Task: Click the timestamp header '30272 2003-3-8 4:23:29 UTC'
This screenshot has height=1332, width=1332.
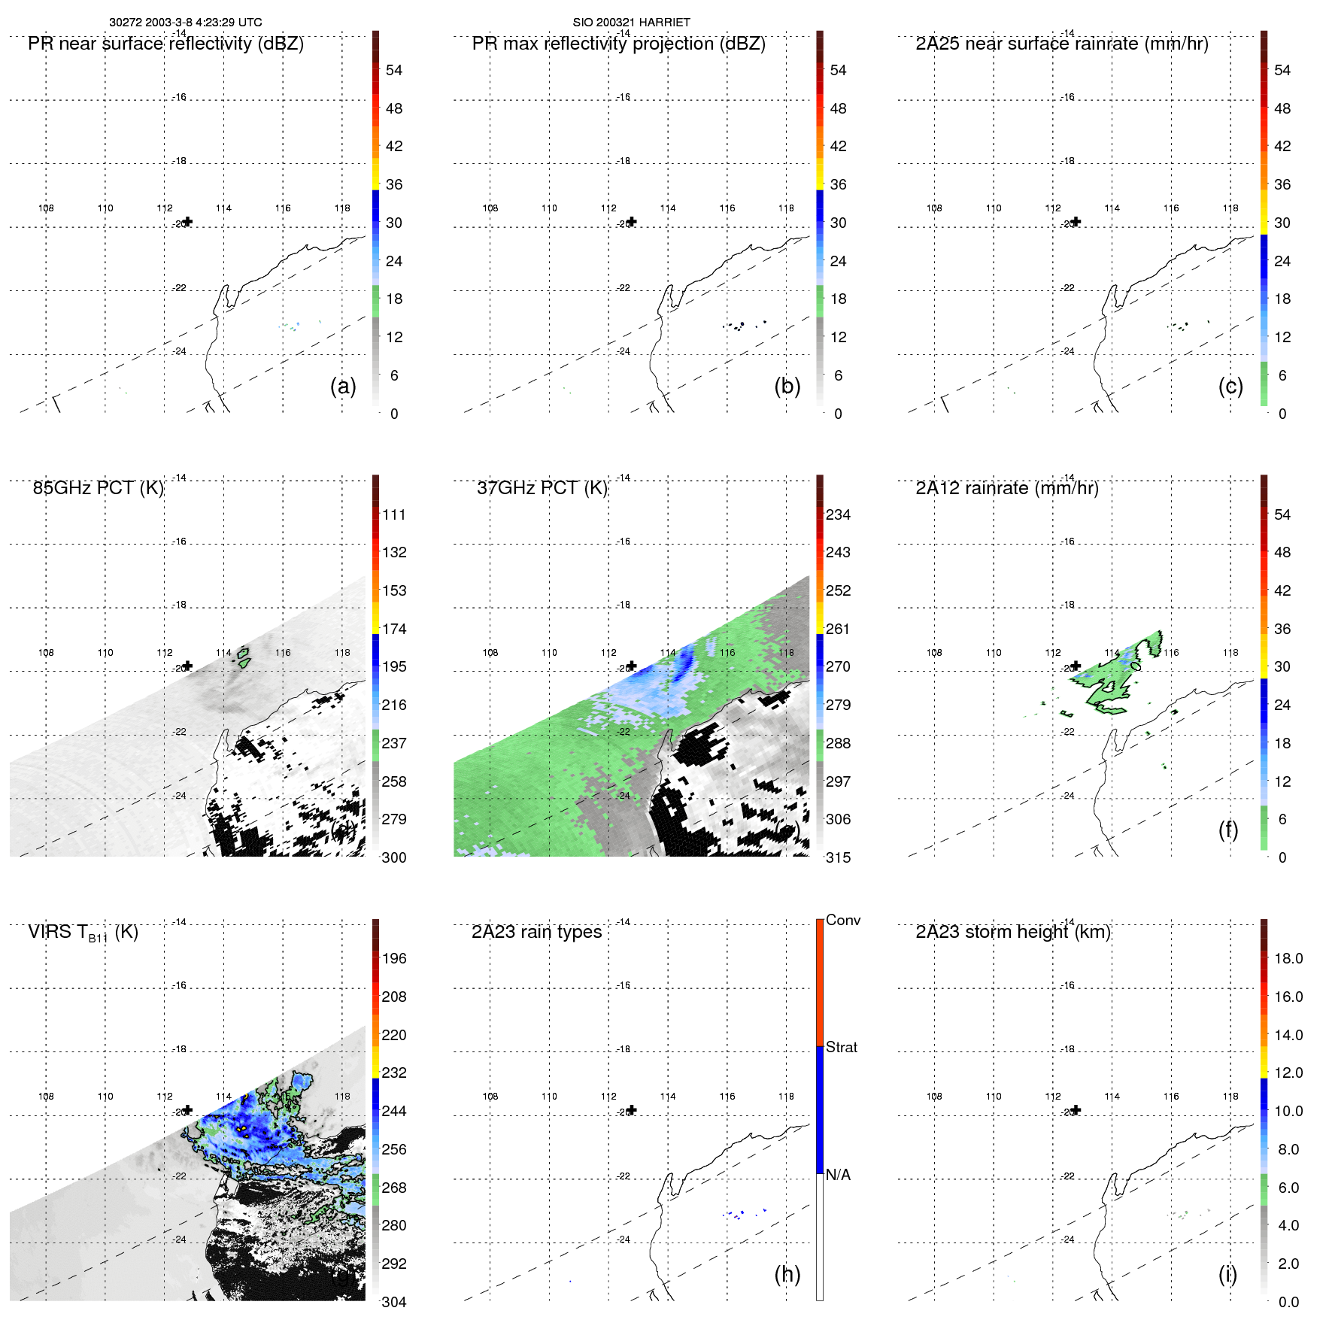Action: (186, 23)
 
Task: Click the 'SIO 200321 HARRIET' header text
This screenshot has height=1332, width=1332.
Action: (631, 23)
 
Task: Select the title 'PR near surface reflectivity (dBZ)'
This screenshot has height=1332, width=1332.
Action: (165, 44)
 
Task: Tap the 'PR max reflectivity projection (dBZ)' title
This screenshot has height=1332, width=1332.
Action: (618, 44)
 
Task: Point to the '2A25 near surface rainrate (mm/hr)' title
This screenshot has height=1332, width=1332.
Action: (1062, 44)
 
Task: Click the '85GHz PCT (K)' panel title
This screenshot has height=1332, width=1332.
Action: (98, 488)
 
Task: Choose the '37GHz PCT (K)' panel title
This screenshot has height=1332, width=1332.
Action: (542, 488)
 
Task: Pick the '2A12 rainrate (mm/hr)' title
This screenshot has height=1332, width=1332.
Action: (1007, 488)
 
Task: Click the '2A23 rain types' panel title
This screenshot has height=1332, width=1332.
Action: (536, 932)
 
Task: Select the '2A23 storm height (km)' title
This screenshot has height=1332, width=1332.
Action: (1012, 932)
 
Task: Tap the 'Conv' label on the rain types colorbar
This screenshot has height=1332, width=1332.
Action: (842, 920)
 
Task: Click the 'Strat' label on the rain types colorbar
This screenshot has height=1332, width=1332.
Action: (841, 1047)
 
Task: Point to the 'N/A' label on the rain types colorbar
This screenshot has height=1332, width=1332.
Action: (838, 1175)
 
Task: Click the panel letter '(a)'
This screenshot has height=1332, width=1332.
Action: (343, 386)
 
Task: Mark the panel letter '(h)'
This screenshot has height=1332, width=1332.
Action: (787, 1274)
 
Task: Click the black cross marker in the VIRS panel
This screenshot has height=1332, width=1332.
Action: (188, 1110)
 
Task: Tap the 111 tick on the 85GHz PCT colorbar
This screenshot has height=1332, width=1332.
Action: (394, 514)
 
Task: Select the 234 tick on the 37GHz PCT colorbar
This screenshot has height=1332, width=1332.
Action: (838, 514)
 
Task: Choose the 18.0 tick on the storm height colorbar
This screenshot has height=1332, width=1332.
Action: (1288, 958)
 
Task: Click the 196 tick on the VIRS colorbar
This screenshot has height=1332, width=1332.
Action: (394, 958)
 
